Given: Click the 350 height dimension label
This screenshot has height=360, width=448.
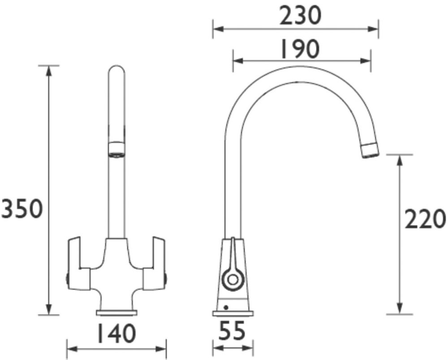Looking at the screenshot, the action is click(x=22, y=209).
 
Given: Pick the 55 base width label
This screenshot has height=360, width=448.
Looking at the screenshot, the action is click(x=232, y=330).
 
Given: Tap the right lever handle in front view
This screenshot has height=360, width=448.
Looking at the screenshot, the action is click(x=154, y=263).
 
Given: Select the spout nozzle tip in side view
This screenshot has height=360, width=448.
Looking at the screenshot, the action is click(x=370, y=150).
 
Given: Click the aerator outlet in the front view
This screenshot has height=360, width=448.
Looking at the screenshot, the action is click(x=116, y=149).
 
